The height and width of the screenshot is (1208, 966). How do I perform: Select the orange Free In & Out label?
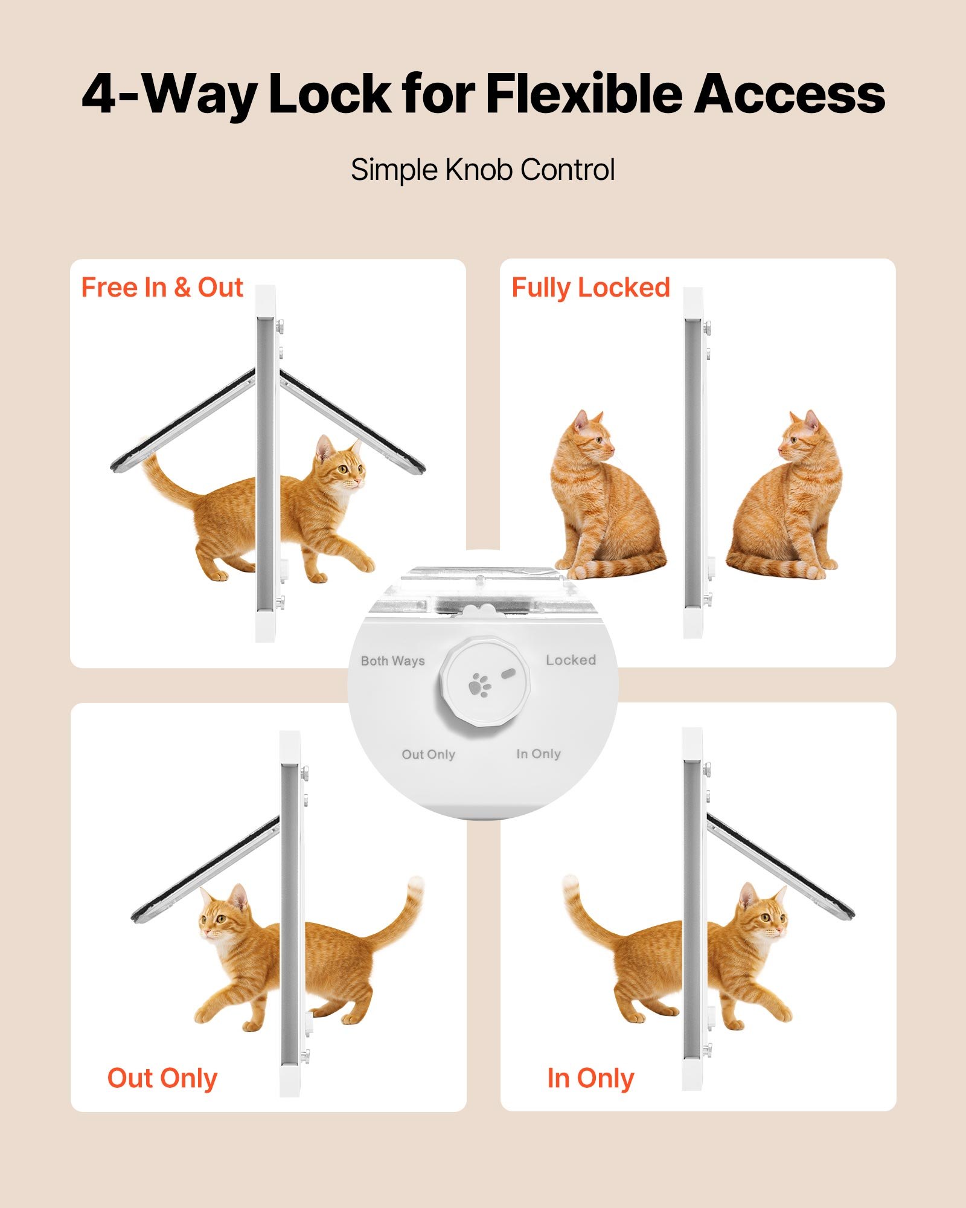tap(162, 288)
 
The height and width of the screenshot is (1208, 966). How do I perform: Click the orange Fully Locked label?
tap(590, 288)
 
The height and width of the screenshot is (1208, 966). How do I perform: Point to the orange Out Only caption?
tap(162, 1078)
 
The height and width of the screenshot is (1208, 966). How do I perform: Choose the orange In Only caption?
tap(590, 1078)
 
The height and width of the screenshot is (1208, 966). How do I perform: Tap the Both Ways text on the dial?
tap(392, 661)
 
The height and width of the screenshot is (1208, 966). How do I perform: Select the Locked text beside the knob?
tap(571, 660)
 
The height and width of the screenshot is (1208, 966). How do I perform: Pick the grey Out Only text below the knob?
tap(428, 754)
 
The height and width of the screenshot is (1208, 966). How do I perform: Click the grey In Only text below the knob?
tap(539, 754)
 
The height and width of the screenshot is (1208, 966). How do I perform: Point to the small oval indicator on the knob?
tap(508, 672)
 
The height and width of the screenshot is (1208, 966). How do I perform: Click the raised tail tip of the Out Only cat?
tap(415, 885)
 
